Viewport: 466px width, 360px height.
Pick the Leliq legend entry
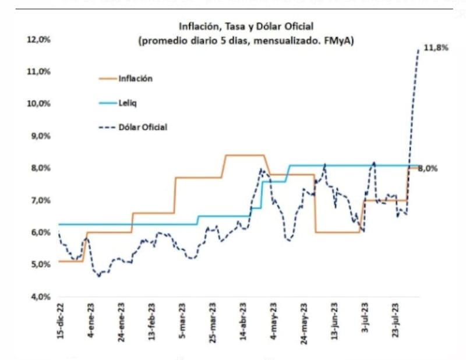pos(130,103)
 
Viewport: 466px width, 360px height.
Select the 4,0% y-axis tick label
pos(40,297)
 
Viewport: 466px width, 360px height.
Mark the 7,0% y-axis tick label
pos(40,200)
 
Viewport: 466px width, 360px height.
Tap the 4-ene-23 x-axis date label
pos(90,320)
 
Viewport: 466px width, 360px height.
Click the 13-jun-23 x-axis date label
pos(336,320)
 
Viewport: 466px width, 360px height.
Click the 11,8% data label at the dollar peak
pos(435,48)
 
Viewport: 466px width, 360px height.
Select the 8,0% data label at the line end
pos(430,169)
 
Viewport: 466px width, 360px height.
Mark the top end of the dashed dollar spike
pos(418,50)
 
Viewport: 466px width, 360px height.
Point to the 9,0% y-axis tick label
pos(40,136)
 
